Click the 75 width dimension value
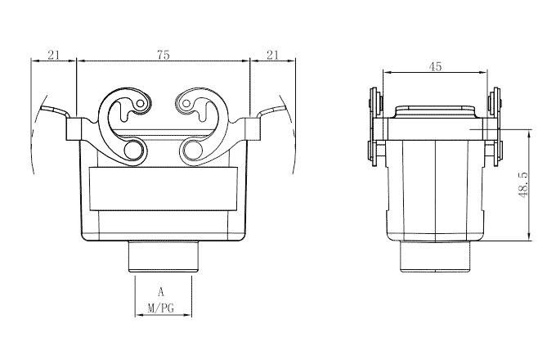[163, 55]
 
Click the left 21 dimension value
[53, 55]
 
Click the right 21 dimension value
[272, 55]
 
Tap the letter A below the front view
[162, 291]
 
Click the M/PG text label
[162, 308]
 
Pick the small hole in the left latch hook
[141, 105]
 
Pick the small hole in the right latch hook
[186, 105]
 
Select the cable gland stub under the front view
[163, 258]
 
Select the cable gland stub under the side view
[436, 258]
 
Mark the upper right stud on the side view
[495, 102]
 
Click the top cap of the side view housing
[435, 111]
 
